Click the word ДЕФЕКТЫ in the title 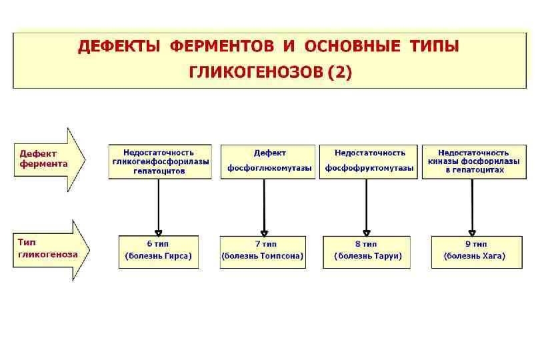(119, 47)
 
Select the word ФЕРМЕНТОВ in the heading (222, 47)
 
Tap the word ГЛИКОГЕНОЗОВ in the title (256, 72)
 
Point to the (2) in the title (338, 72)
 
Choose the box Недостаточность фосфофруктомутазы (369, 161)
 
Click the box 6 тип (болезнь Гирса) (158, 251)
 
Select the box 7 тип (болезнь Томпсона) (263, 251)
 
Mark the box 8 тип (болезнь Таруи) (366, 251)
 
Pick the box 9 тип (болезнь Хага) (475, 251)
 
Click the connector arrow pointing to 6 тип (159, 207)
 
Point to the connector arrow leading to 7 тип (265, 207)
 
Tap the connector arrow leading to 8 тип (367, 207)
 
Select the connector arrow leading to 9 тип (473, 207)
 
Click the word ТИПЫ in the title (434, 47)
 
